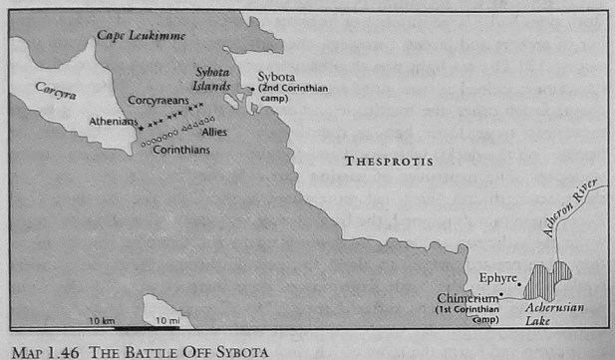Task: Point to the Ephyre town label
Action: tap(498, 278)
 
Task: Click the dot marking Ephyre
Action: tap(519, 284)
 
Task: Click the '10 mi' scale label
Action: tap(165, 321)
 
